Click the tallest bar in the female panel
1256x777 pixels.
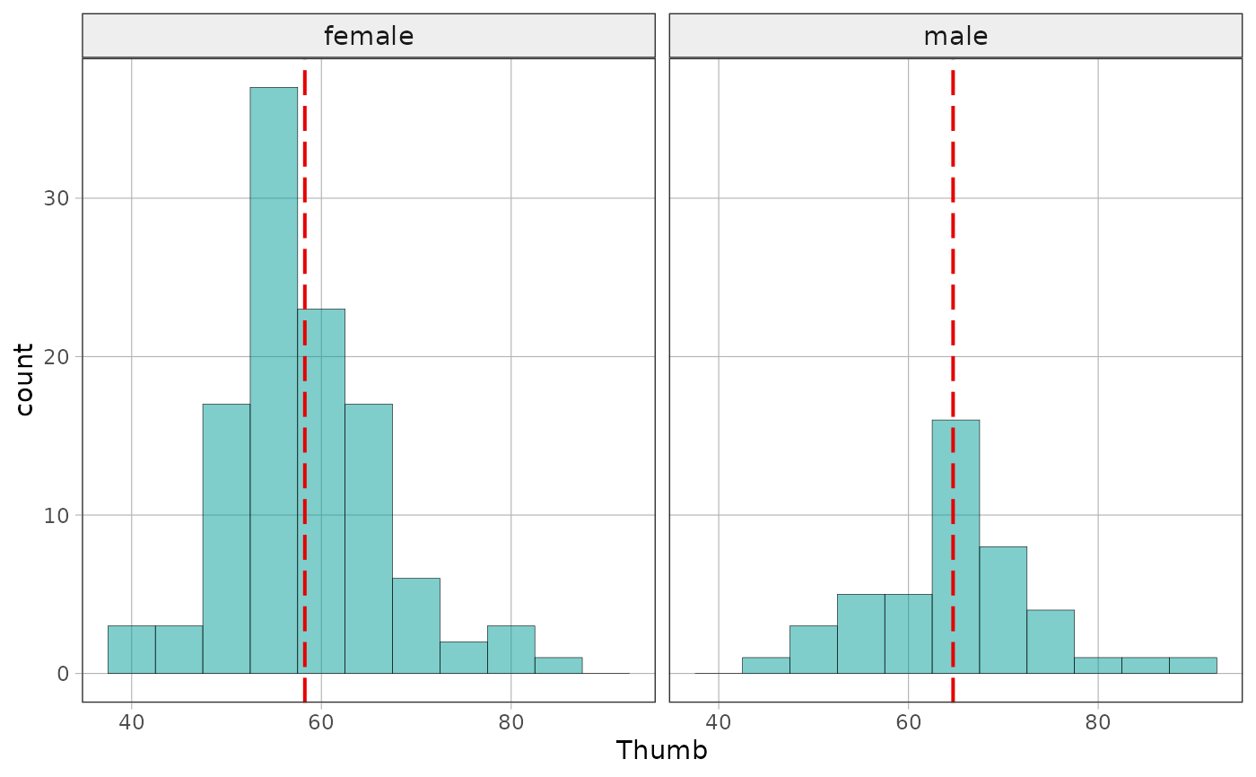coord(274,380)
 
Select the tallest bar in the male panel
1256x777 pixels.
coord(955,546)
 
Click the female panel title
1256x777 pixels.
coord(369,37)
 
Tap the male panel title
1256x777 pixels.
coord(955,37)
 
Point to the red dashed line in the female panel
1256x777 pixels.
coord(304,380)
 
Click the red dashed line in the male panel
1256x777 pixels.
coord(953,380)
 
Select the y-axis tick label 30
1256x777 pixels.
coord(56,198)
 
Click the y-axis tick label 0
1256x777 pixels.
coord(63,674)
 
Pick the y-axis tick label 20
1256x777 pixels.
coord(56,357)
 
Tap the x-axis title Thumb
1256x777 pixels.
coord(662,750)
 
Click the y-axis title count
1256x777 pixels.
coord(23,380)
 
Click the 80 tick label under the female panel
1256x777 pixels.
coord(510,722)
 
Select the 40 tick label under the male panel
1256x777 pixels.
coord(719,722)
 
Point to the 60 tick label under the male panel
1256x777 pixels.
coord(908,722)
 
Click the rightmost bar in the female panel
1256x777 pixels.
coord(558,666)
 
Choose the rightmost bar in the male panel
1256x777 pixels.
coord(1192,666)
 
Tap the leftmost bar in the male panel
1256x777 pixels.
coord(766,666)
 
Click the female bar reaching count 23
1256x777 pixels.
coord(321,491)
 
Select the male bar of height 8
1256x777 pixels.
coord(1003,610)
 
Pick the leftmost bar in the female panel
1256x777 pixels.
coord(132,650)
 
